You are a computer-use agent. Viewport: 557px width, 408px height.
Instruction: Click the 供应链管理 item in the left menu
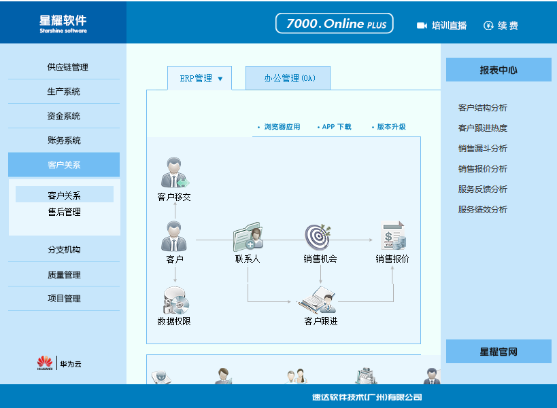click(67, 67)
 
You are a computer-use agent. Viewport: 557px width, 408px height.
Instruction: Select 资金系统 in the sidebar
click(63, 116)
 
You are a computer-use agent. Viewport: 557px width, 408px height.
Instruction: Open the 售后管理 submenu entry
click(65, 212)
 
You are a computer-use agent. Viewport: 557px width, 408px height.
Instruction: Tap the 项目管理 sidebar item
click(65, 299)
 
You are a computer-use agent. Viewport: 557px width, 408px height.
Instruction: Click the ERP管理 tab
click(200, 78)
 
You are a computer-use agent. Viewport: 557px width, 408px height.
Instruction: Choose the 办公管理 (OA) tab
click(288, 78)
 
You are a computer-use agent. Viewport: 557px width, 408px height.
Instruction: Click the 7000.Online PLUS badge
click(335, 23)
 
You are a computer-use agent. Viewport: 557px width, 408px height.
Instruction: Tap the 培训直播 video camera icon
click(422, 26)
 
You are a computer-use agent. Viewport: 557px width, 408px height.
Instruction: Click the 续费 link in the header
click(501, 26)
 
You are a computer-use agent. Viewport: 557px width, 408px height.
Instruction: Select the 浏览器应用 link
click(282, 127)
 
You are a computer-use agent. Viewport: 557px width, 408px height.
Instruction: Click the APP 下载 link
click(337, 127)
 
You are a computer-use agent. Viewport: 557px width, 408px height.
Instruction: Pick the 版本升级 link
click(391, 127)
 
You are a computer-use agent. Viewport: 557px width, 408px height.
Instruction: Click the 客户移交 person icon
click(174, 172)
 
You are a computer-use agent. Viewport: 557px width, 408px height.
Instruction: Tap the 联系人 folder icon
click(248, 237)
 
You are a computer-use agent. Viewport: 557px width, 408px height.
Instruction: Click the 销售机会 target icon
click(318, 237)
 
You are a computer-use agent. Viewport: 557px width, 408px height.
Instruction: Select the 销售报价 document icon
click(394, 236)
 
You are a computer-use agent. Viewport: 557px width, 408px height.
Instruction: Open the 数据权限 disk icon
click(175, 301)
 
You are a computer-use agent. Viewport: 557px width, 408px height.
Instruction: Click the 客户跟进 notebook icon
click(317, 300)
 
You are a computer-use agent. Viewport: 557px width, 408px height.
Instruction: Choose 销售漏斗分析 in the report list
click(482, 149)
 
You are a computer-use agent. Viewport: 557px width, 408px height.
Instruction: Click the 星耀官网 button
click(499, 351)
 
